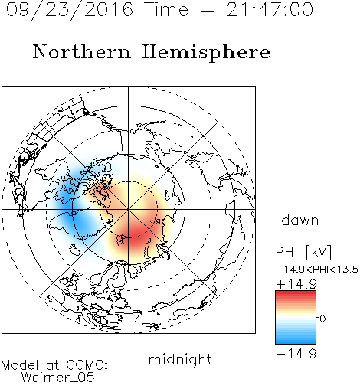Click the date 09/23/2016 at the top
click(70, 10)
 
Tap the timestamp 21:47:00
click(270, 10)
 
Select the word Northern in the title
click(82, 52)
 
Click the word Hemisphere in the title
click(206, 53)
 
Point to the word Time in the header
click(166, 10)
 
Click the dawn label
click(300, 220)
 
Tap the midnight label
click(180, 359)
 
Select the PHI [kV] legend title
click(304, 252)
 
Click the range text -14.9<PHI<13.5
click(317, 270)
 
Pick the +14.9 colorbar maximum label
click(296, 284)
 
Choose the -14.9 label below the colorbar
click(296, 354)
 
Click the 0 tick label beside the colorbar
click(322, 319)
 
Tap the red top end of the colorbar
click(296, 293)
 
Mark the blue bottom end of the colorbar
click(296, 341)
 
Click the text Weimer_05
click(58, 378)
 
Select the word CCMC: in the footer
click(87, 365)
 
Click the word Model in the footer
click(20, 365)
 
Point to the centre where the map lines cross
click(129, 210)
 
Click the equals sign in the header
click(208, 10)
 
